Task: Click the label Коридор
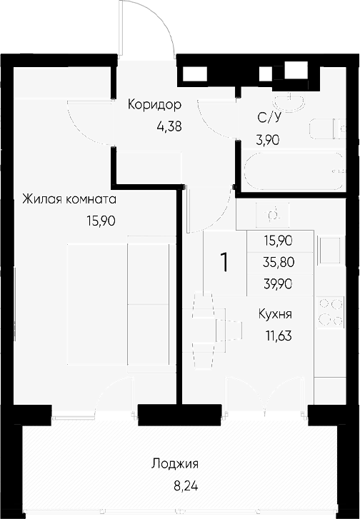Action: pos(154,105)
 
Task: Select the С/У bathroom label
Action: pos(268,119)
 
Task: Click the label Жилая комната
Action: pos(69,199)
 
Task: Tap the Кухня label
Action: pos(276,313)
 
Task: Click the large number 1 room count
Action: pos(225,263)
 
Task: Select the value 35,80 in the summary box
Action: pos(278,261)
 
